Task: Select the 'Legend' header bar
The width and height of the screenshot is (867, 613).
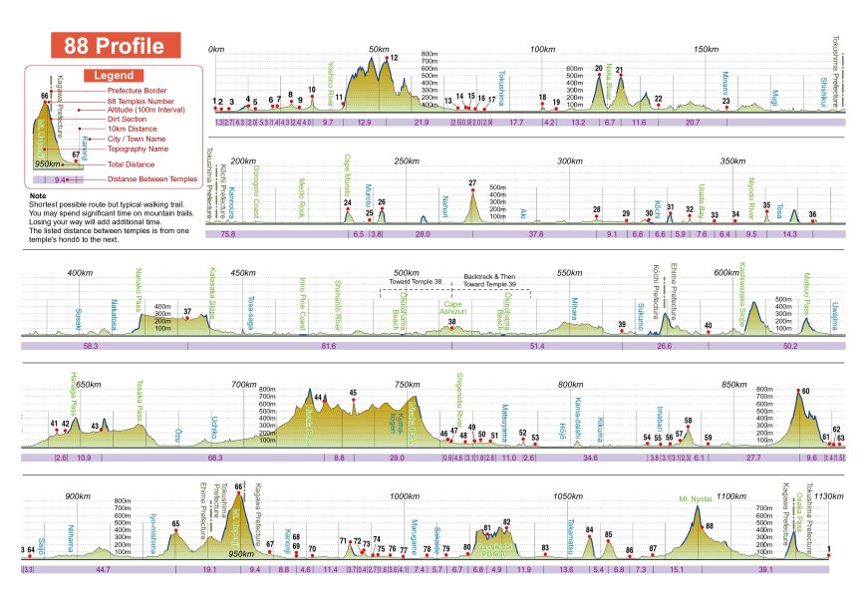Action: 115,75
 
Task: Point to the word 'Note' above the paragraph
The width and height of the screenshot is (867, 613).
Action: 38,196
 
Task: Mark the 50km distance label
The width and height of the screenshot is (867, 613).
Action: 379,49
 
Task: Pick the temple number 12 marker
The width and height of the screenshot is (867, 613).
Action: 393,59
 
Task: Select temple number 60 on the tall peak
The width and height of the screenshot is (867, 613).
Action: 804,391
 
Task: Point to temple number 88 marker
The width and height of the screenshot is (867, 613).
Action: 710,525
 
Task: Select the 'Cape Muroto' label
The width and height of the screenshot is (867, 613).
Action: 349,170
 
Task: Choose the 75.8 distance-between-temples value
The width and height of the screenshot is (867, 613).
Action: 227,233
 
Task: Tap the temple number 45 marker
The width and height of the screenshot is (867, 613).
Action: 353,394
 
